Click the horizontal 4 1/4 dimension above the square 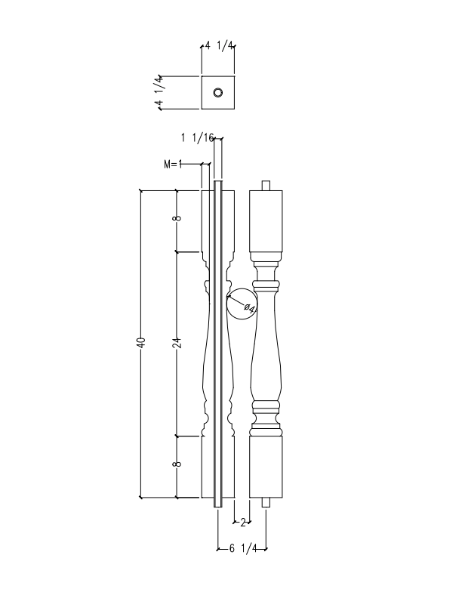click(x=218, y=46)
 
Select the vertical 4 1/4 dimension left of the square click(x=159, y=92)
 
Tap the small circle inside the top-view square click(x=218, y=93)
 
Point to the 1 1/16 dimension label click(x=198, y=137)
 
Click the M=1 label click(x=174, y=164)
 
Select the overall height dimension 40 click(x=140, y=344)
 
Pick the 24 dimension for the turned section click(x=177, y=344)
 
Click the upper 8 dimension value click(x=177, y=219)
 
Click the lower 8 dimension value click(x=177, y=465)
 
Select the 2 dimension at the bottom click(x=242, y=522)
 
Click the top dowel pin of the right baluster click(x=266, y=185)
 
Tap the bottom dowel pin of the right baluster click(x=266, y=503)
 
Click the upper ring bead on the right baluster click(x=266, y=285)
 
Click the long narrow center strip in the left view click(x=218, y=344)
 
